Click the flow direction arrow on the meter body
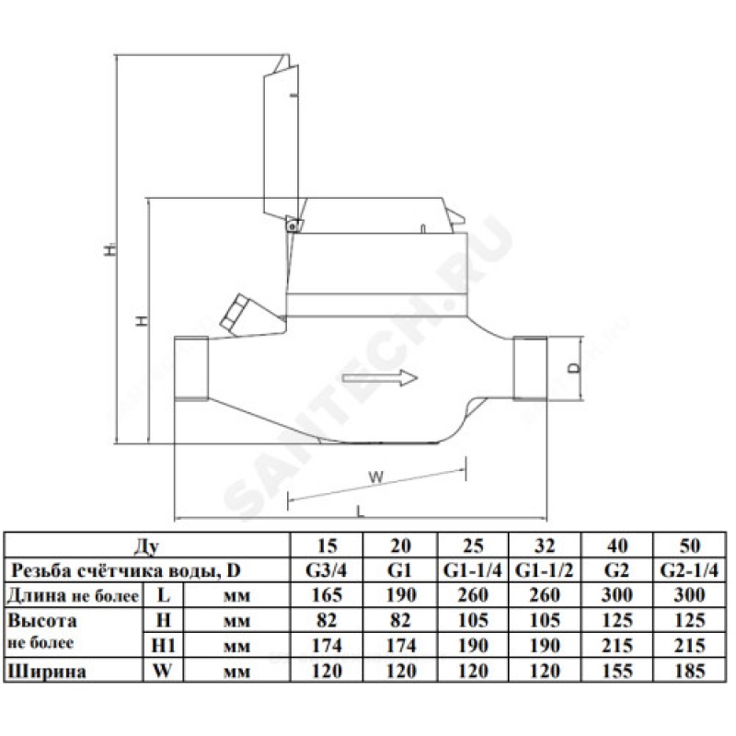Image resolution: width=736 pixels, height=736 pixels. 380,377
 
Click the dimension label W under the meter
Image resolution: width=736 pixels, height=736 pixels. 376,477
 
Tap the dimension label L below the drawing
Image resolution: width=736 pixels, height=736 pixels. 360,512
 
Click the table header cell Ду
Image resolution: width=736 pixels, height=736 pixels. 146,546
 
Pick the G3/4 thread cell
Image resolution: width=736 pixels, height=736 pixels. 327,570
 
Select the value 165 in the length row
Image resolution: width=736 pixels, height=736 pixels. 327,595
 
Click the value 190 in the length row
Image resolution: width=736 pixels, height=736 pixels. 400,595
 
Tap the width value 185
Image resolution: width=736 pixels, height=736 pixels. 689,671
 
